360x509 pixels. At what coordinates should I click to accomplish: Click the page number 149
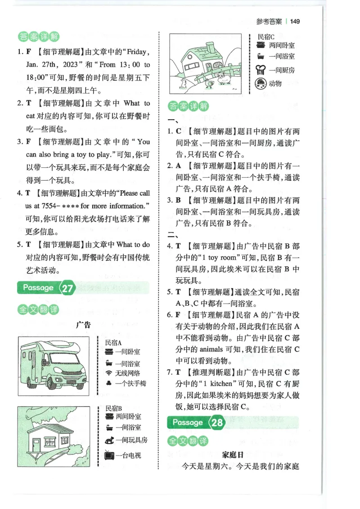(295, 21)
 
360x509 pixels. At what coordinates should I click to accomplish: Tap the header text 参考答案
(269, 21)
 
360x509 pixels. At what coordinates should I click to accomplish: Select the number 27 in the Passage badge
(67, 288)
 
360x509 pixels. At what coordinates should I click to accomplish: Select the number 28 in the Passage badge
(217, 423)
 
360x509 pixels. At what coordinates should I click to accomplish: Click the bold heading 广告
(84, 324)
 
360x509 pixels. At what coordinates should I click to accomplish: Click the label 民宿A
(113, 342)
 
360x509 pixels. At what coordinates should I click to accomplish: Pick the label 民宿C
(266, 36)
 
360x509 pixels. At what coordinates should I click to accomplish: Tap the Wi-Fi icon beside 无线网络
(108, 373)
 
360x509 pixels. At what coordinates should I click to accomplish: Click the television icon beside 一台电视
(109, 455)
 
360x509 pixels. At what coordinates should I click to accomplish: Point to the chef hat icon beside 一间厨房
(261, 69)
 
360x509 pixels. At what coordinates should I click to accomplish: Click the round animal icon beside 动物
(261, 83)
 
